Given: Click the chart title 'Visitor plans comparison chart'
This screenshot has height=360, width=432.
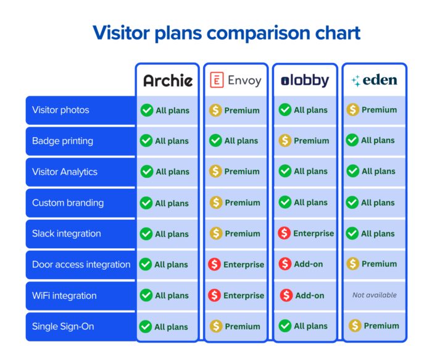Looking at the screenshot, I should coord(226,33).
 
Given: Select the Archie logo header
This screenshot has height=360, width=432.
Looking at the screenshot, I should coord(168,80).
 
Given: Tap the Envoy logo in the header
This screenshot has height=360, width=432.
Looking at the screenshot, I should coord(236,80).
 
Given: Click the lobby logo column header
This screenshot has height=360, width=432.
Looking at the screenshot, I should coord(305,80).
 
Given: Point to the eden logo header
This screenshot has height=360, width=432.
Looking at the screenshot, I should coord(374,80).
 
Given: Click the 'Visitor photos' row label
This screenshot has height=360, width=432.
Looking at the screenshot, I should coord(60,110).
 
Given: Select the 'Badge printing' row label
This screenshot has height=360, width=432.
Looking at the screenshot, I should coord(62,141).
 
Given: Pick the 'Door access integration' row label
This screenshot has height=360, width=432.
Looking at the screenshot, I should coord(81,264).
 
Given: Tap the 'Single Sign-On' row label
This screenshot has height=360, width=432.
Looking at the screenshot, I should coord(63,326).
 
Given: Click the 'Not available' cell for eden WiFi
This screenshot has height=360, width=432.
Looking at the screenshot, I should coord(375,295).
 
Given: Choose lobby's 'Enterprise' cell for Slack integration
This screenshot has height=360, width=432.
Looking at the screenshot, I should coord(305,233).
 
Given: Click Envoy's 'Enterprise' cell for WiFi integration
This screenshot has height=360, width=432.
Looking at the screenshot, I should coord(236,295).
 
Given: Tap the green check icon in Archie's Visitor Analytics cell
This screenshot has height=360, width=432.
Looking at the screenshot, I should coord(147,172).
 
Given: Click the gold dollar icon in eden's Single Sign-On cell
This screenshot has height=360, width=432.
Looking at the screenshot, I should coord(355,325).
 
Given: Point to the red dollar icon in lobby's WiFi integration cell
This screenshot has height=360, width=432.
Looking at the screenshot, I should coord(286,295).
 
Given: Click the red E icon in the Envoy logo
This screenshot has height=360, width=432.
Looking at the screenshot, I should coord(217,80).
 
